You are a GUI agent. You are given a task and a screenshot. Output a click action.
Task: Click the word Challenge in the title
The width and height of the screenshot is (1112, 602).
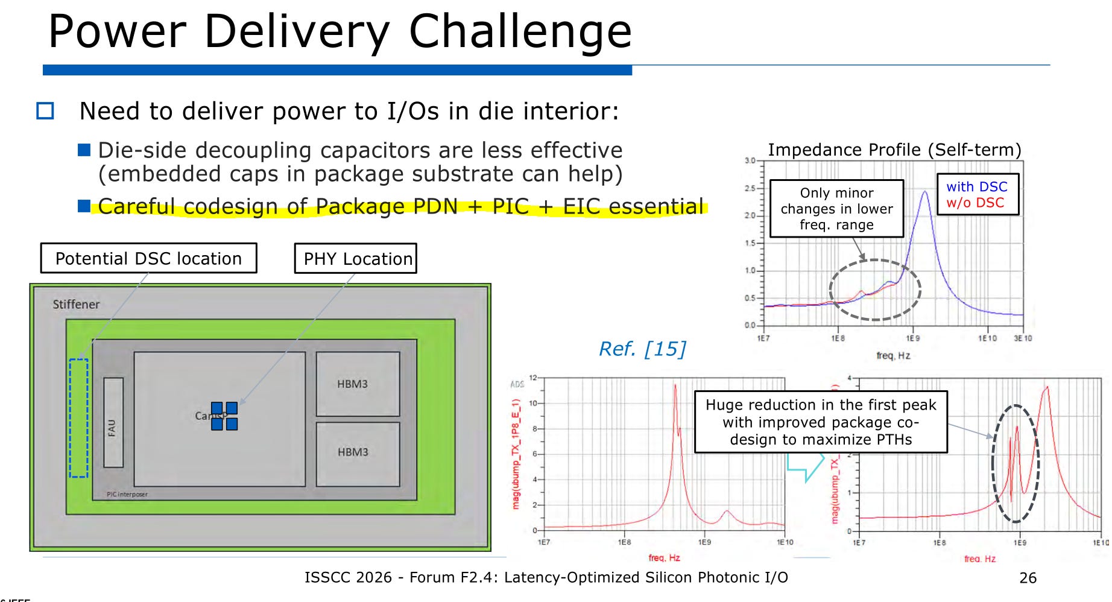[520, 31]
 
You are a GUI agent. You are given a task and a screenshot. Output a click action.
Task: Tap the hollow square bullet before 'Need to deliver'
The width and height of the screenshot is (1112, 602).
[45, 111]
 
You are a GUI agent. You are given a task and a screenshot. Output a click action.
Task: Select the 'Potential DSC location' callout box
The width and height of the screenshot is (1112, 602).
[148, 258]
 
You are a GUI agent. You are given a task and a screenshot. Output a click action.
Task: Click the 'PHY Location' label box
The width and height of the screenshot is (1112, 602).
[356, 259]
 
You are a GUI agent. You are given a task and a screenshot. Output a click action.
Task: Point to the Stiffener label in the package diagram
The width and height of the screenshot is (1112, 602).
[76, 305]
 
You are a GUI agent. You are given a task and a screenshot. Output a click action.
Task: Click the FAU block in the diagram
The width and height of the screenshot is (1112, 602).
[113, 423]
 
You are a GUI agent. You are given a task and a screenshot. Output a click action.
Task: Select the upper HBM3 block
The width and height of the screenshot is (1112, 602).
[358, 384]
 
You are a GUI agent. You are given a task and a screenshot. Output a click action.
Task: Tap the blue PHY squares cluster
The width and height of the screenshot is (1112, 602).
[224, 416]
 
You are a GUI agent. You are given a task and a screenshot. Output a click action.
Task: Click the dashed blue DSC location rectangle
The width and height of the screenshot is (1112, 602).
[78, 418]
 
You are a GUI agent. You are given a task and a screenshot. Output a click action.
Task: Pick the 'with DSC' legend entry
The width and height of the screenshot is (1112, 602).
[976, 187]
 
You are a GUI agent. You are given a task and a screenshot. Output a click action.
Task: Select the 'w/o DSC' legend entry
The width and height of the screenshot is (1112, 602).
[975, 203]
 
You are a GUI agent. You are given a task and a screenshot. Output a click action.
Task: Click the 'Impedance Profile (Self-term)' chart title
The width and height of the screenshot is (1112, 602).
[894, 150]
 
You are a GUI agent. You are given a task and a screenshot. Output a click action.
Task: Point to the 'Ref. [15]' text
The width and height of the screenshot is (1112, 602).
[642, 349]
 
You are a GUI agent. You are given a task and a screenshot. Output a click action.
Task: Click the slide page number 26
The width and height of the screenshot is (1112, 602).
[1028, 578]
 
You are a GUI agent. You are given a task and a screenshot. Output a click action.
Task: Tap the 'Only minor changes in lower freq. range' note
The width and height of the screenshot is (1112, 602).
[836, 209]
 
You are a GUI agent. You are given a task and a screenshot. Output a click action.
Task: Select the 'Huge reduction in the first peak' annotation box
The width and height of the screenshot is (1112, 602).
[821, 422]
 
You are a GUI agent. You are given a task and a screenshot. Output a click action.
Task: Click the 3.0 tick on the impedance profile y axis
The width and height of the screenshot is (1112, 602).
[750, 161]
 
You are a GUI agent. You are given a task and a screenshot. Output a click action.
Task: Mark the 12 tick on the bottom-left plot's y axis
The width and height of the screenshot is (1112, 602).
[533, 378]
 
